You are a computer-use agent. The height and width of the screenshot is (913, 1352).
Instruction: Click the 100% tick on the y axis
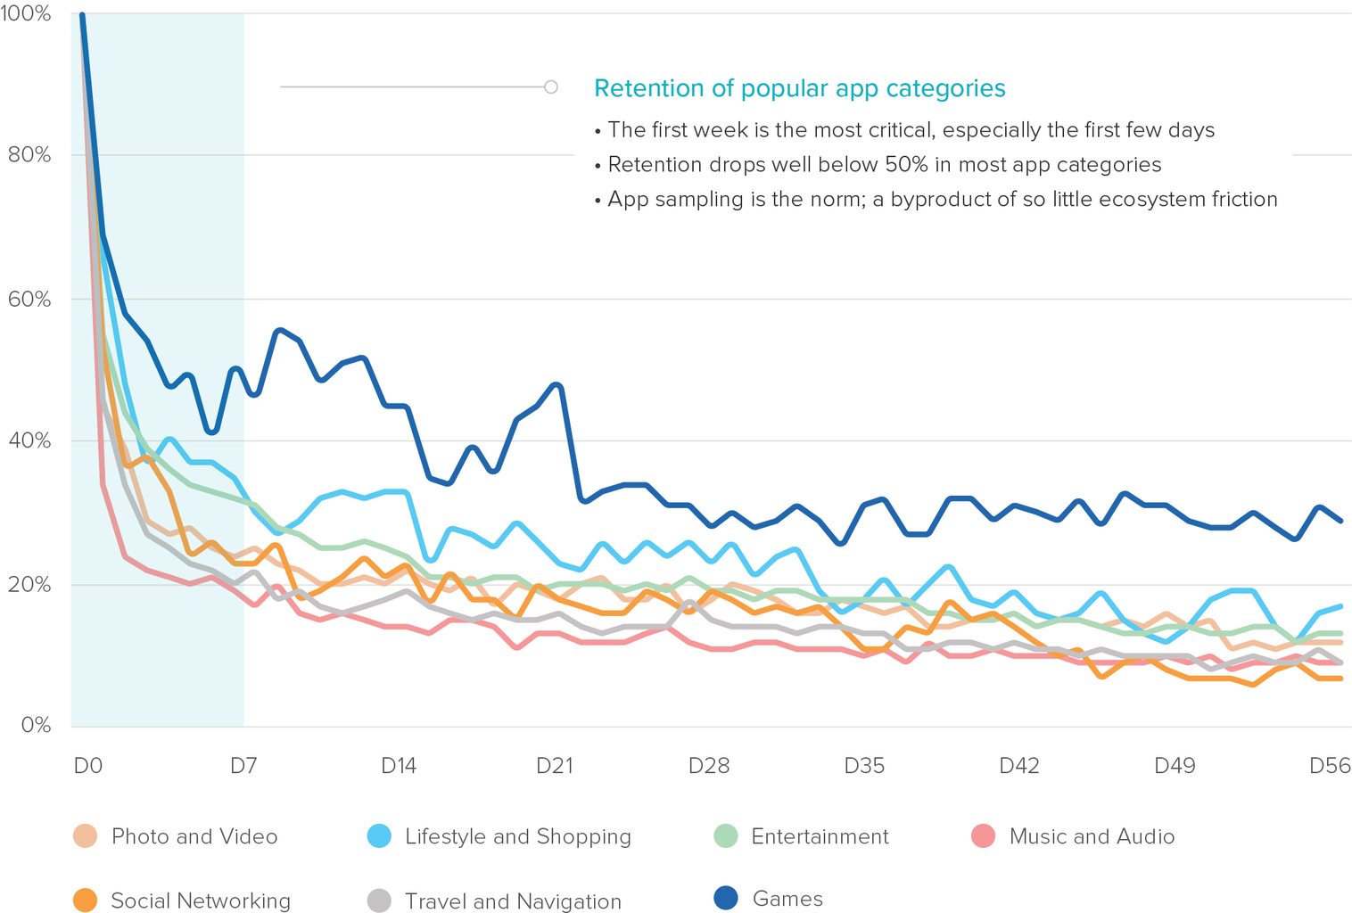(x=27, y=14)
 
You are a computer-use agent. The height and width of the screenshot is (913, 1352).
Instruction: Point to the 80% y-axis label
(x=29, y=155)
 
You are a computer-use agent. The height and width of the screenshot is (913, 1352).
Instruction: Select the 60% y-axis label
(x=29, y=299)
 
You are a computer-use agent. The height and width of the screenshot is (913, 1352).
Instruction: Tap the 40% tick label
(x=29, y=440)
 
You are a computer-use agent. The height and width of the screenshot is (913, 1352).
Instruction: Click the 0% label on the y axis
(x=35, y=725)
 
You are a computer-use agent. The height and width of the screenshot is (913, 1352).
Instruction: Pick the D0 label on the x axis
(x=87, y=766)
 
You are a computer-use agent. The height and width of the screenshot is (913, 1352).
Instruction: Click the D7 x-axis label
(x=243, y=766)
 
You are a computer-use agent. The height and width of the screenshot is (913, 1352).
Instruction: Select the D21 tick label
(x=554, y=766)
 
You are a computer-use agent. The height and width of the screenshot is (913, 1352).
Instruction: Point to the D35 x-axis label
(x=864, y=766)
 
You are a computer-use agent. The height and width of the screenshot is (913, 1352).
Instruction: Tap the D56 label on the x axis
(x=1330, y=766)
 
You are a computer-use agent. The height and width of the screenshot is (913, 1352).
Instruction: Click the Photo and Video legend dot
(x=85, y=836)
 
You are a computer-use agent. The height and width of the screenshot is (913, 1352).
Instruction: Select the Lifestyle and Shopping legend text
(x=517, y=836)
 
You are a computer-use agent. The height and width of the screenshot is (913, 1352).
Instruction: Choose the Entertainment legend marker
(x=726, y=836)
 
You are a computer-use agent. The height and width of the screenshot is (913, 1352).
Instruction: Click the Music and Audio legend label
(x=1092, y=836)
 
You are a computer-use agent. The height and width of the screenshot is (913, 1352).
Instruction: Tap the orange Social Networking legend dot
(x=85, y=901)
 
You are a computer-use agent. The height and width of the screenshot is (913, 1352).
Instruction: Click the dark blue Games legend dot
(x=726, y=899)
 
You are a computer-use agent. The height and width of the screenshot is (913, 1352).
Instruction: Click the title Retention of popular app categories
(x=799, y=88)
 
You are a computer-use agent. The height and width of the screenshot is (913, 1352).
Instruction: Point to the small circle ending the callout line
(x=551, y=86)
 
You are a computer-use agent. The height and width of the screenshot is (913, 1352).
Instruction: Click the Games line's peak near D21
(x=557, y=384)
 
